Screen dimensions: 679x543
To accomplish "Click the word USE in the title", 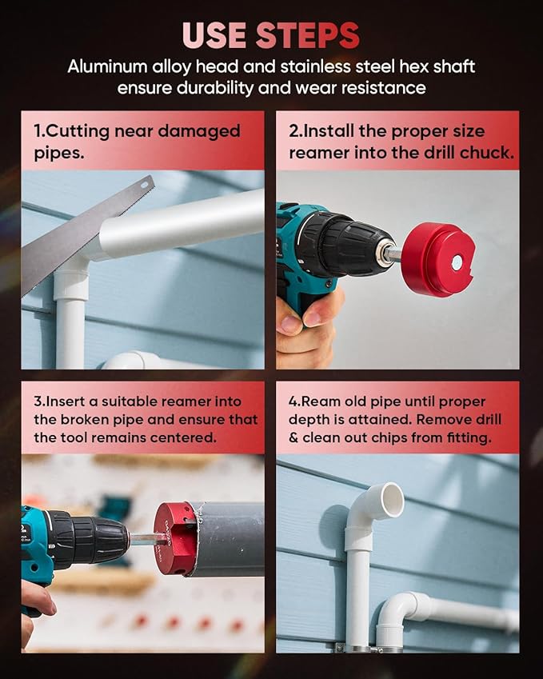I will (x=215, y=34).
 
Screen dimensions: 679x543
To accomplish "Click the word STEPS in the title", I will (x=308, y=34).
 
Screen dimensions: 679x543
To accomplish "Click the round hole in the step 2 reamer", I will (x=456, y=262).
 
